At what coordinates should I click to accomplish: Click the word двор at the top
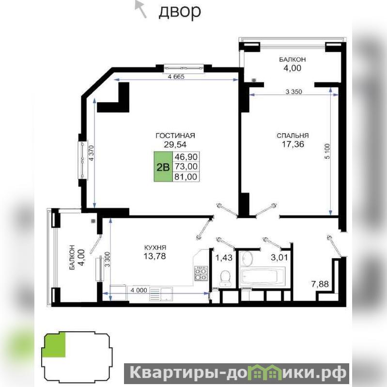[x=179, y=12]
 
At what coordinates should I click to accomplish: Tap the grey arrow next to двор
[x=140, y=9]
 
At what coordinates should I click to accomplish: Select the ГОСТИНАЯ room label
[x=175, y=136]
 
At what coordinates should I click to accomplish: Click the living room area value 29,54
[x=175, y=144]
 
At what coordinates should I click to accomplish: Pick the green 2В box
[x=163, y=167]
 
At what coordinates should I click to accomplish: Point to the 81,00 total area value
[x=186, y=177]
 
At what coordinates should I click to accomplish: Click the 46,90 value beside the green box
[x=186, y=156]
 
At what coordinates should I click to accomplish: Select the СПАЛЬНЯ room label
[x=293, y=136]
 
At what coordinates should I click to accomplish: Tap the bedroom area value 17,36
[x=293, y=144]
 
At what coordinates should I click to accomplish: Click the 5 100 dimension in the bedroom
[x=327, y=151]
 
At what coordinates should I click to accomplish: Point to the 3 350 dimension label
[x=294, y=92]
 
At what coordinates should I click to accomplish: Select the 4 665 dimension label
[x=176, y=77]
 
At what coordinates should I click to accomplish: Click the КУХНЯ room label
[x=155, y=248]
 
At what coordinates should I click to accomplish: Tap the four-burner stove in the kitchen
[x=201, y=273]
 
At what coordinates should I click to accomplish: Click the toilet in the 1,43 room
[x=225, y=278]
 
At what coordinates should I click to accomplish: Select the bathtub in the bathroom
[x=263, y=277]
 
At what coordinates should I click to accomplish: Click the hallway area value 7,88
[x=320, y=284]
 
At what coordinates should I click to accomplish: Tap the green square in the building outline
[x=54, y=345]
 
